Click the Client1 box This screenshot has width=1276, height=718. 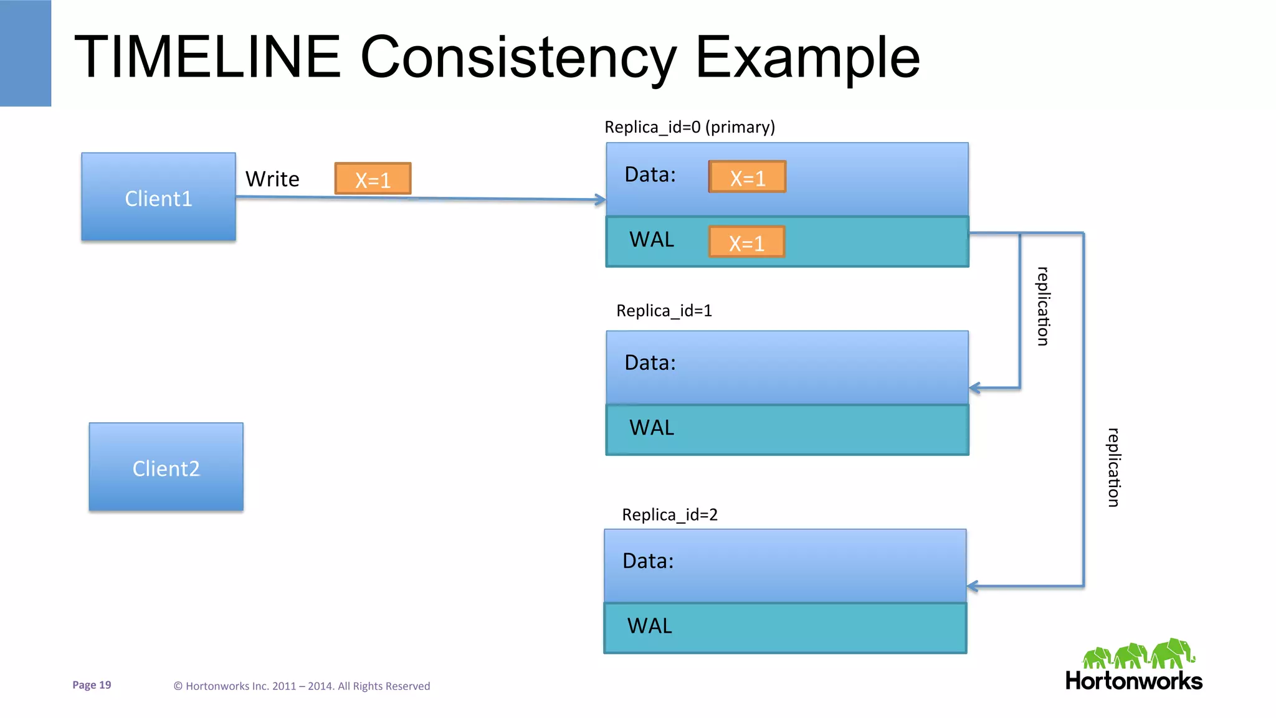coord(158,197)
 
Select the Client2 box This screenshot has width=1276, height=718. coord(166,467)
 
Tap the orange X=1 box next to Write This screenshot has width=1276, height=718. coord(373,179)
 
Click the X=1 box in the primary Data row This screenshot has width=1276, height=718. coord(747,177)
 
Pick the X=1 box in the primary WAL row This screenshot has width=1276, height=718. coord(746,242)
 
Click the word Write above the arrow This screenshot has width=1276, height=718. coord(272,179)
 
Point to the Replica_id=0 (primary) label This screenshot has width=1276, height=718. coord(690,127)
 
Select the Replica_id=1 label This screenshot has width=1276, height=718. coord(664,310)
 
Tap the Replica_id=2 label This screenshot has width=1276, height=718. coord(670,514)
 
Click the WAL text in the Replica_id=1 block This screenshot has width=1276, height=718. coord(652,428)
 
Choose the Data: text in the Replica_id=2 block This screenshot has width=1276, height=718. coord(648,561)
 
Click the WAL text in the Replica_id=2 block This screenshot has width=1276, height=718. coord(649,626)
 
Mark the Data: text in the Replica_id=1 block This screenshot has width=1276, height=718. coord(650,362)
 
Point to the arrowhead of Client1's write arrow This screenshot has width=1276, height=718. coord(601,200)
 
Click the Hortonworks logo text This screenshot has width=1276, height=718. coord(1133,681)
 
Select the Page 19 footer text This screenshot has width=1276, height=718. coord(92,685)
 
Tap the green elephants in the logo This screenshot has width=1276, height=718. coord(1138,654)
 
